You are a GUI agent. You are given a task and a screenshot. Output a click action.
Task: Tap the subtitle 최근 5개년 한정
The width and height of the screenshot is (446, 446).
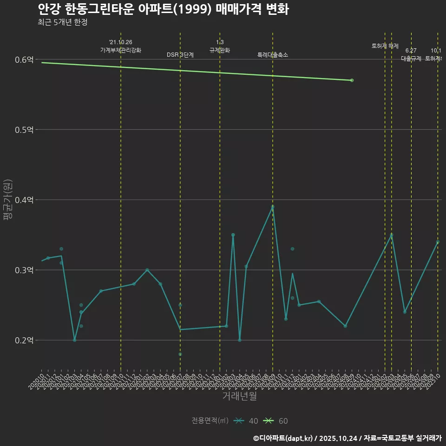tap(62, 22)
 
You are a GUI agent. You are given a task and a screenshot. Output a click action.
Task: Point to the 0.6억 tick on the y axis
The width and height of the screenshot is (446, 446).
tap(24, 59)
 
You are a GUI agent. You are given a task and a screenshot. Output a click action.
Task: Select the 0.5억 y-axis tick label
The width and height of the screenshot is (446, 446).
tap(24, 130)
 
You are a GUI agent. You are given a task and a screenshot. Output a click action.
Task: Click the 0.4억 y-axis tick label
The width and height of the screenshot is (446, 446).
tap(24, 200)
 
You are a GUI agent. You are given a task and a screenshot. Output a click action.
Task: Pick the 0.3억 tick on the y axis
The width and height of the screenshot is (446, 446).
tap(24, 270)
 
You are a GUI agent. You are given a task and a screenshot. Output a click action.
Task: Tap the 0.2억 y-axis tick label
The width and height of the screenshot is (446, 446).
tap(24, 340)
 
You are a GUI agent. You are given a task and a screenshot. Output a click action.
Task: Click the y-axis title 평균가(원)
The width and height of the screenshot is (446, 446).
tap(7, 200)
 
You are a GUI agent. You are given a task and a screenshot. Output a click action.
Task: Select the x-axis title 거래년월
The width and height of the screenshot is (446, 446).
tap(239, 396)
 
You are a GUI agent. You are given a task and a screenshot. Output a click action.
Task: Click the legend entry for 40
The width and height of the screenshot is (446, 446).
tap(247, 421)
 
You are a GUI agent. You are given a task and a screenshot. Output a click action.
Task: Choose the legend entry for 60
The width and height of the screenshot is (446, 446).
tap(276, 421)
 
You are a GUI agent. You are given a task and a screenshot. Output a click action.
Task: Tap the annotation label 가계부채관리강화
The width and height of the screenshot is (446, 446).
tap(121, 50)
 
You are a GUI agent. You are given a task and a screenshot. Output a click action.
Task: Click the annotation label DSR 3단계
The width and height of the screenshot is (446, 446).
tap(180, 55)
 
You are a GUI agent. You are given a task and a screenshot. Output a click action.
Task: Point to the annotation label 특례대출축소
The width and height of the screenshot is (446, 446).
tap(273, 55)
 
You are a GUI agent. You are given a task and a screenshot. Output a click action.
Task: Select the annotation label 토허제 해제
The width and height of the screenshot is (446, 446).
tap(385, 46)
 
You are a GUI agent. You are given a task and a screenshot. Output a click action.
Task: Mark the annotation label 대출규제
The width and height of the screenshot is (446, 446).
tap(411, 59)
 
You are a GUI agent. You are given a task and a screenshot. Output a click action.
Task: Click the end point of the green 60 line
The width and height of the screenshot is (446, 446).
tap(352, 80)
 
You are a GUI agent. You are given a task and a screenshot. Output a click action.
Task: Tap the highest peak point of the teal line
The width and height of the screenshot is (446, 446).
tap(273, 207)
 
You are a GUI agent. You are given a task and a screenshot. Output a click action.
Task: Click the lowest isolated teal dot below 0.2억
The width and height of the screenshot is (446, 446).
tap(180, 354)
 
